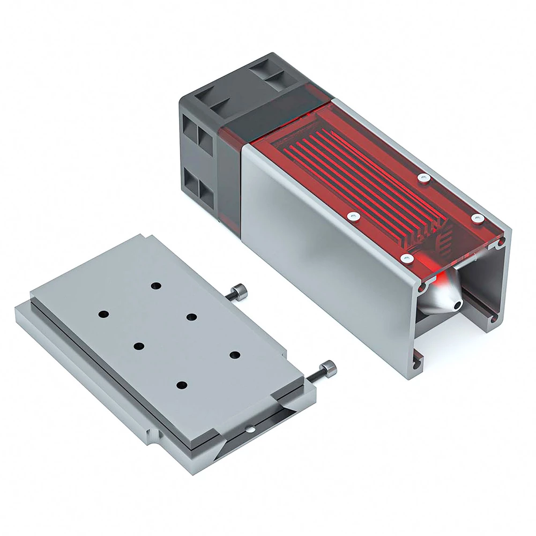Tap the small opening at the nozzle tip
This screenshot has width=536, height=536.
[x=457, y=304]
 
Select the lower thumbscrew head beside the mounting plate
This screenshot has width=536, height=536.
[x=329, y=369]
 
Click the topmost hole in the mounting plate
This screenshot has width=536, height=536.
[x=156, y=286]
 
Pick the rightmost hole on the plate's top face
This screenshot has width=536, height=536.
[x=234, y=354]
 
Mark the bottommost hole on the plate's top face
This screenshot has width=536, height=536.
[x=181, y=384]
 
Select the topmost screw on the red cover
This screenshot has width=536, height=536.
[x=424, y=177]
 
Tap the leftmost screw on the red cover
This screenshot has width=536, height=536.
[x=352, y=216]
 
